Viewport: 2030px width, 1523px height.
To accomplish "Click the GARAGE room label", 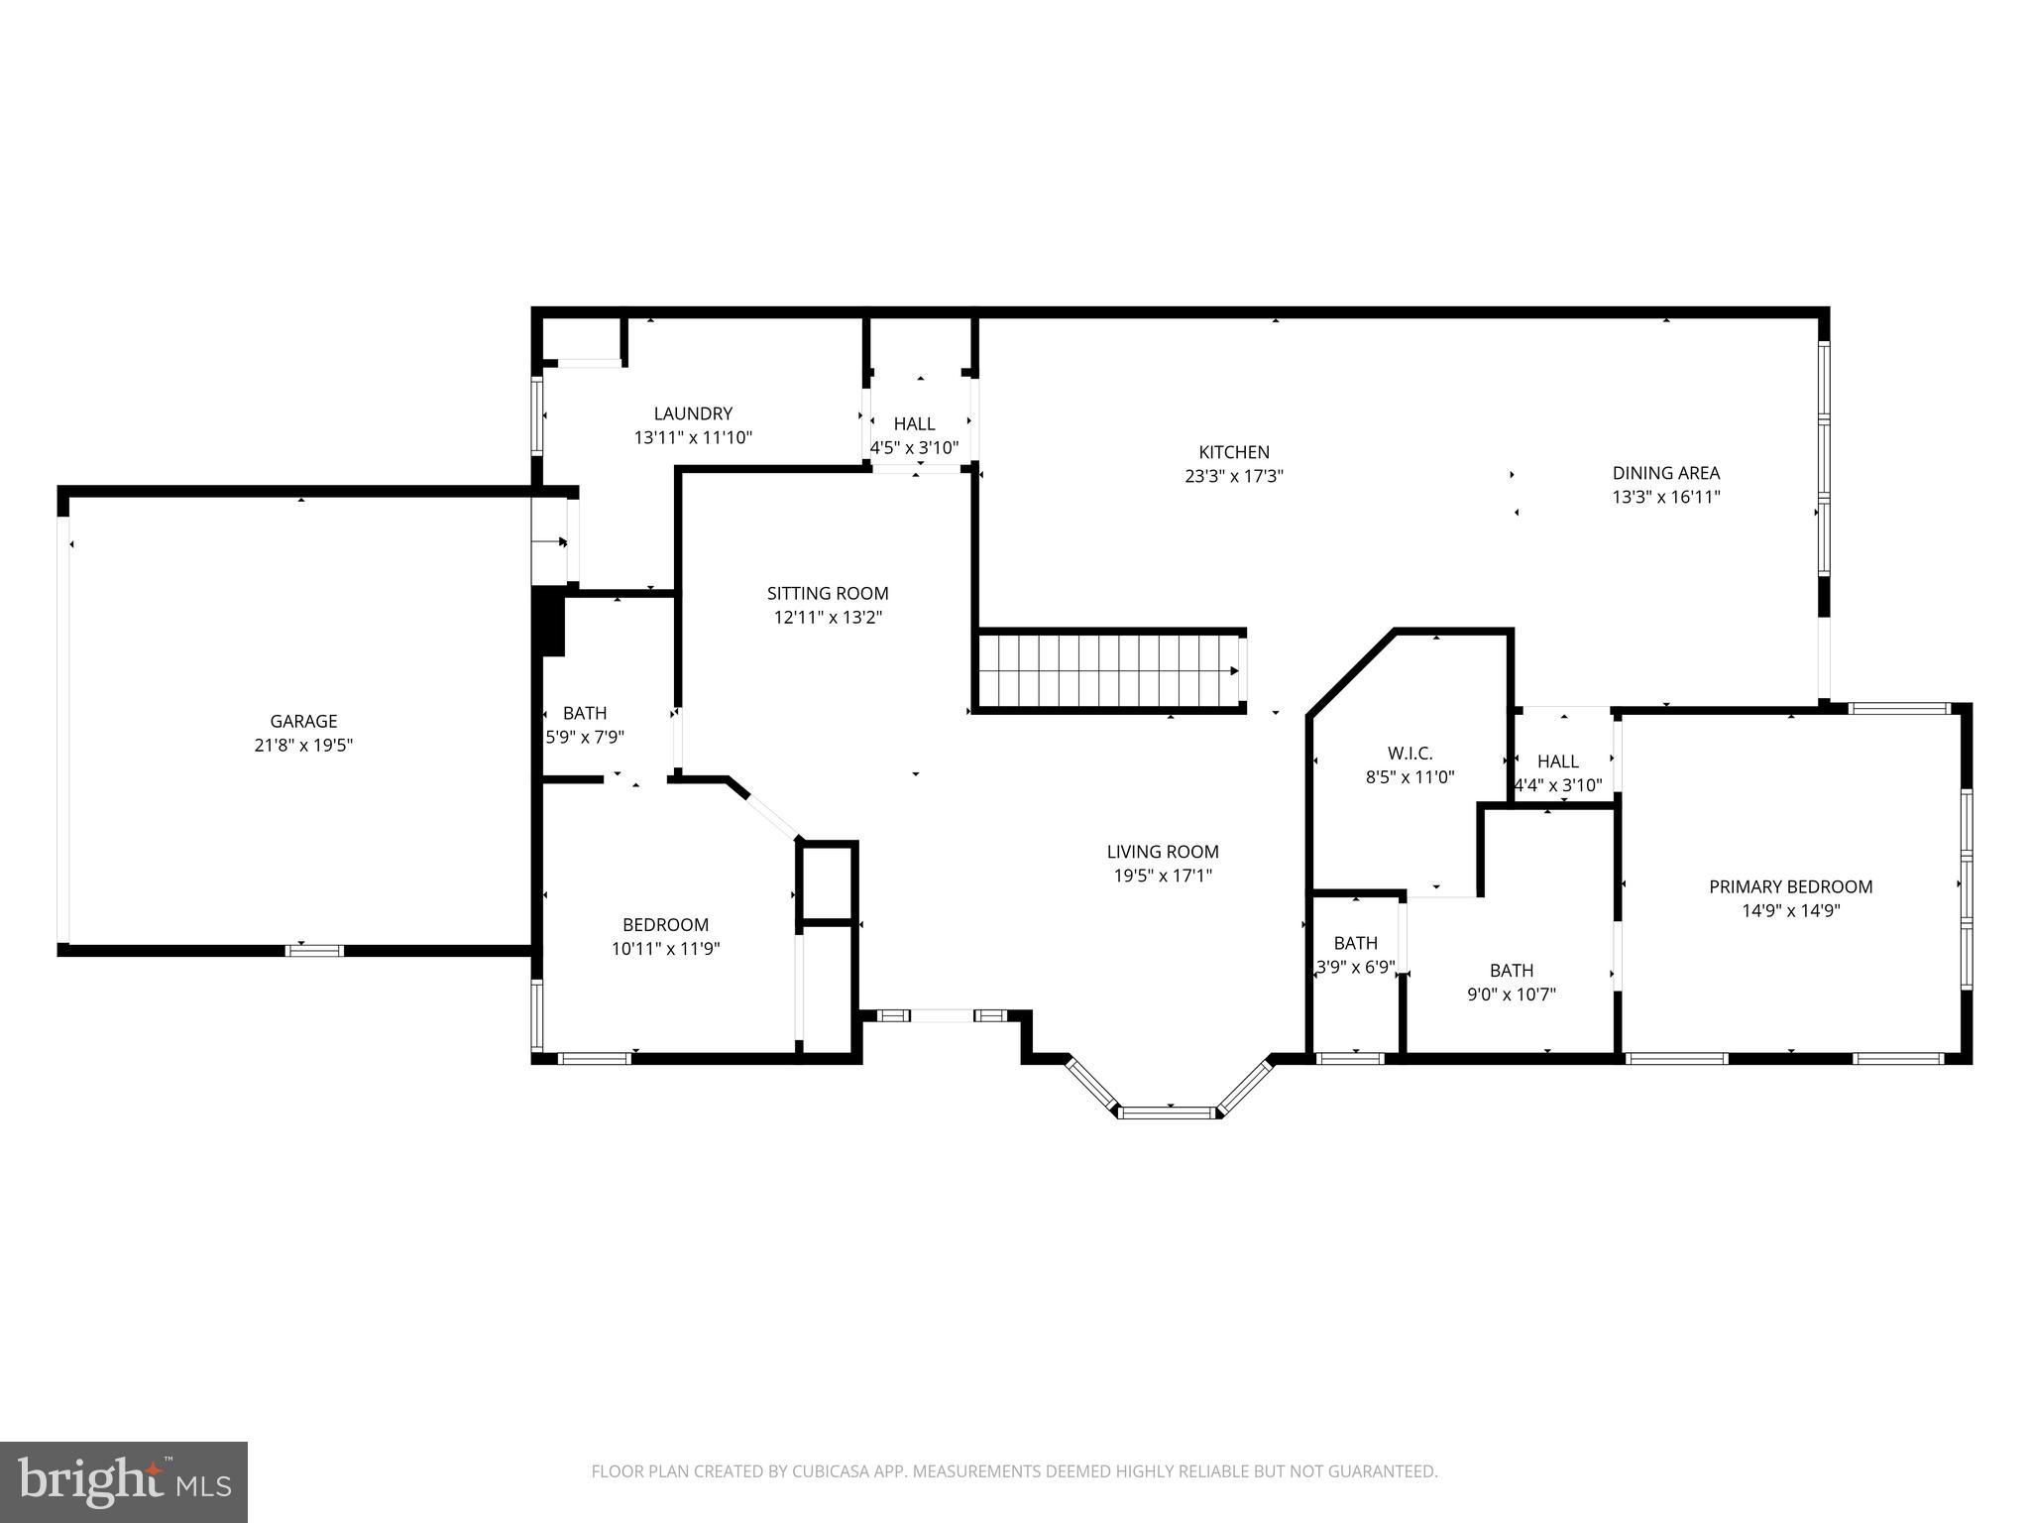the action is pos(303,721).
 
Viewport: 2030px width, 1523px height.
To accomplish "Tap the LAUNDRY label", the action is pos(693,413).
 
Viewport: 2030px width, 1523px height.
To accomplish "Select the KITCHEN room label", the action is pos(1234,452).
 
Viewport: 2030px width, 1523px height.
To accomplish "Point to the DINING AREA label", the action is pos(1666,473).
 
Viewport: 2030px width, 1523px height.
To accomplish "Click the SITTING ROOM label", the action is pos(828,593).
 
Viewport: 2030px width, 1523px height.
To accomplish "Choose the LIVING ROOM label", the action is pos(1163,851).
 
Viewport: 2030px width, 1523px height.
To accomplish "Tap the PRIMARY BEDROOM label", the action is pos(1791,886).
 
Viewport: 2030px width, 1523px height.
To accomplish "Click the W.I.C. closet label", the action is pos(1410,754).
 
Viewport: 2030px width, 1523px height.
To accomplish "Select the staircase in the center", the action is pos(1108,670).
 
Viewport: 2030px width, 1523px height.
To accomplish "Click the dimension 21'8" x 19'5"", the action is pos(303,745).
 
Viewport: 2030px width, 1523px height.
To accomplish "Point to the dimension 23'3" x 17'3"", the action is pos(1234,476).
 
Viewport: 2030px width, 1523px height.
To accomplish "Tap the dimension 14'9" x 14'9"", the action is pos(1791,910).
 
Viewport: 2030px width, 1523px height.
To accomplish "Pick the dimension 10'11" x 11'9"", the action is pos(665,948).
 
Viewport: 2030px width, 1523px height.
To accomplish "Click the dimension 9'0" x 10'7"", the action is pos(1512,994).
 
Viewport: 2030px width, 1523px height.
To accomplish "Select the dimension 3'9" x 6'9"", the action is pos(1355,966).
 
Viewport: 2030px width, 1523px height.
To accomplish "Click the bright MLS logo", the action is pos(124,1480).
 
